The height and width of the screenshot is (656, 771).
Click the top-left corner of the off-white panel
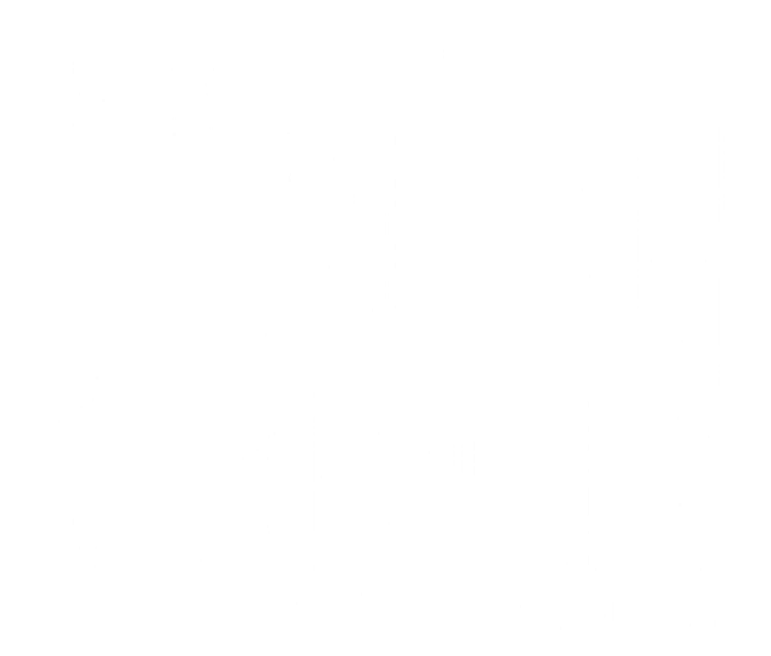15,15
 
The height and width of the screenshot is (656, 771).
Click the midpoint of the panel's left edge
15,328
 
